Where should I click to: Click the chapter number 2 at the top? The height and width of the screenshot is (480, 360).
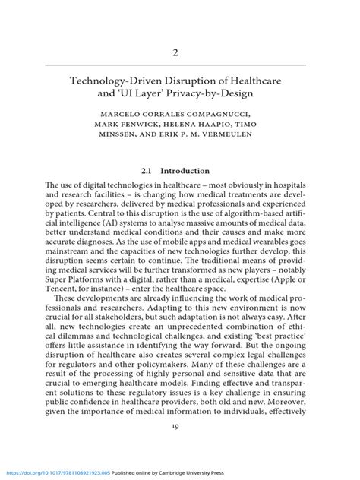coord(179,54)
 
